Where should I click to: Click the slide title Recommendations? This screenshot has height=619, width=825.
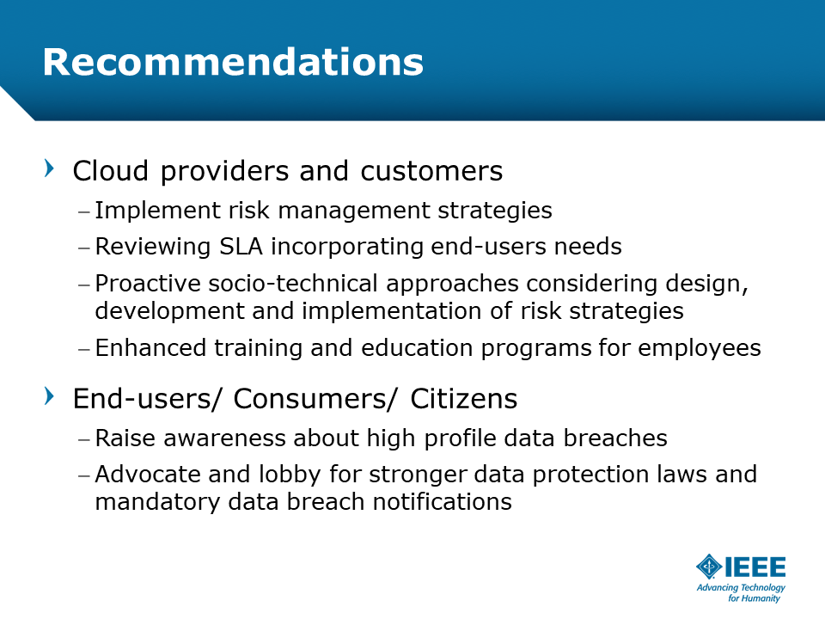coord(233,62)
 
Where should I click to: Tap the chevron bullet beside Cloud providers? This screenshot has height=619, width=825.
coord(50,169)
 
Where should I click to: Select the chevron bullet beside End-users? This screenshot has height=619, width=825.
coord(50,395)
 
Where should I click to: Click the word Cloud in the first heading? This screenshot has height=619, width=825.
coord(111,170)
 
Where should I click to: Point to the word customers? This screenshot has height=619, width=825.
coord(431,171)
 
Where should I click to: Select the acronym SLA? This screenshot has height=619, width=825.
coord(241,247)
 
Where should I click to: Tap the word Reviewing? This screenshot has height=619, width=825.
coord(153,247)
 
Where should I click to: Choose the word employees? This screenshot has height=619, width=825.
coord(700,348)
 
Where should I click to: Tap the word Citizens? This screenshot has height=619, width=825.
coord(463,398)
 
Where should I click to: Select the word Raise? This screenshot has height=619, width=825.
coord(125,438)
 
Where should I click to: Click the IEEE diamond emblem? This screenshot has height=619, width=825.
coord(709,567)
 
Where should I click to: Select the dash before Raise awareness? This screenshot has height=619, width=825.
coord(84,438)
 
